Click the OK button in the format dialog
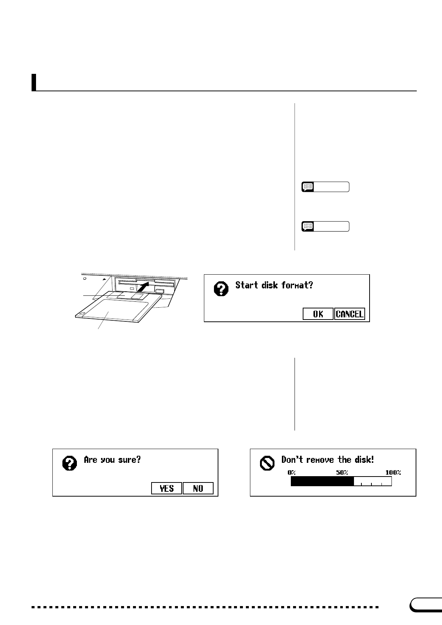point(318,314)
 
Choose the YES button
point(167,488)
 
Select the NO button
point(198,488)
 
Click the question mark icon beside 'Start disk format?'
point(221,289)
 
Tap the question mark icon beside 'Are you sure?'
point(70,463)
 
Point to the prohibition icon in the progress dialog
point(267,463)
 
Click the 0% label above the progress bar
point(292,472)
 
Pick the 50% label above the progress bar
point(342,472)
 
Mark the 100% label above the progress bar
point(393,472)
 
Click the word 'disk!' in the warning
point(364,459)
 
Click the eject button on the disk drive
point(159,291)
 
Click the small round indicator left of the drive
point(85,278)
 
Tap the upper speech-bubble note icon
point(308,187)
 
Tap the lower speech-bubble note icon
point(308,226)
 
